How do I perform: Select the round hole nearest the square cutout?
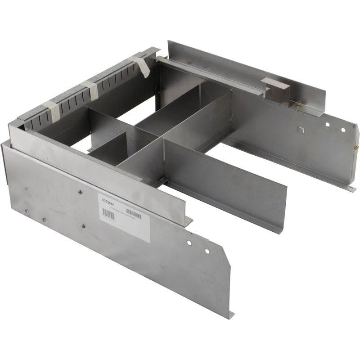click(328, 125)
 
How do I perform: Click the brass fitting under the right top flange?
click(297, 106)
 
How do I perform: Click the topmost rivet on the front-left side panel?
click(80, 192)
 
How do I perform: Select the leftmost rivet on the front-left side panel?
click(27, 211)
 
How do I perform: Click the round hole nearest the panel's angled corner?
click(207, 251)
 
